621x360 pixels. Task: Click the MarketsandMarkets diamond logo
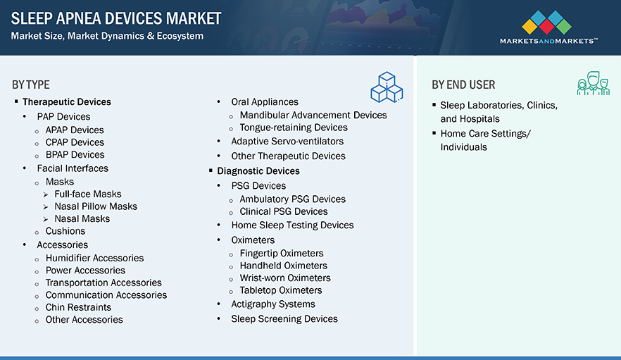[x=546, y=23]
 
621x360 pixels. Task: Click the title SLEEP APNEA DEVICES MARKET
[x=116, y=18]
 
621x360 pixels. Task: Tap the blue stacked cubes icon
[x=387, y=87]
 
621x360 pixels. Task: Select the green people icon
[x=593, y=83]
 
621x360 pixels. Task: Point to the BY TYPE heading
[x=31, y=85]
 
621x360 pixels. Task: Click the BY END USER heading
[x=463, y=85]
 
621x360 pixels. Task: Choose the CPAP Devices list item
[x=75, y=142]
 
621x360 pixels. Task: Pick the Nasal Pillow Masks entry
[x=96, y=206]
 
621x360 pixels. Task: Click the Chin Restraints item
[x=78, y=307]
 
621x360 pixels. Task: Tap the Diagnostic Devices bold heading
[x=258, y=171]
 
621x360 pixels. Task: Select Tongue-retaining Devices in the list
[x=294, y=128]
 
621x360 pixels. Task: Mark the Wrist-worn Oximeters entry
[x=285, y=278]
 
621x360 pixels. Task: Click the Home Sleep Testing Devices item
[x=292, y=225]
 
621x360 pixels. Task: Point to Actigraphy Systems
[x=273, y=304]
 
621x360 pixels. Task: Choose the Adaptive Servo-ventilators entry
[x=287, y=142]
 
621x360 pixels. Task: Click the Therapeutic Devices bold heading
[x=66, y=102]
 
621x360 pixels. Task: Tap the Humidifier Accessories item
[x=94, y=258]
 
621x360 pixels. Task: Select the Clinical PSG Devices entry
[x=284, y=211]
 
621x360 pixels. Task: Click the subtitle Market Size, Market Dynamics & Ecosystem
[x=107, y=36]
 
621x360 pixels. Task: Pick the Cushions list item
[x=65, y=231]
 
